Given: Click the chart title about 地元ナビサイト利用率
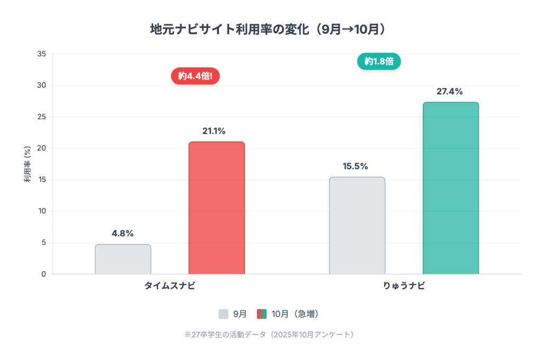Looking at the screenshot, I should click(x=270, y=29).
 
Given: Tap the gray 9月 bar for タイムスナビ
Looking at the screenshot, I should click(x=123, y=259).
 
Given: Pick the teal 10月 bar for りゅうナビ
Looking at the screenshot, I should click(x=450, y=188).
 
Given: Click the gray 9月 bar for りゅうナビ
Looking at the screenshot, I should click(x=357, y=226).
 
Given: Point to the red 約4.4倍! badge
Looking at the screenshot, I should click(x=195, y=76).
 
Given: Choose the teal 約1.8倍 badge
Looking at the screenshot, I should click(x=379, y=61).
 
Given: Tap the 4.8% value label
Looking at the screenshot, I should click(x=123, y=233).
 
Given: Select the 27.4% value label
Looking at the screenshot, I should click(x=450, y=92).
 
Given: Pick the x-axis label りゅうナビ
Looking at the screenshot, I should click(x=404, y=286).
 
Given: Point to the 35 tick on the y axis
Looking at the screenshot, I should click(x=42, y=54).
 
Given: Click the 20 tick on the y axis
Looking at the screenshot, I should click(x=42, y=148).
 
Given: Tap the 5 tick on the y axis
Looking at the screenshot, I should click(x=43, y=242).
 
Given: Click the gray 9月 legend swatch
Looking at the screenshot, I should click(x=223, y=314).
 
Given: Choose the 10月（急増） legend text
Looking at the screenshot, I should click(x=295, y=314).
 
